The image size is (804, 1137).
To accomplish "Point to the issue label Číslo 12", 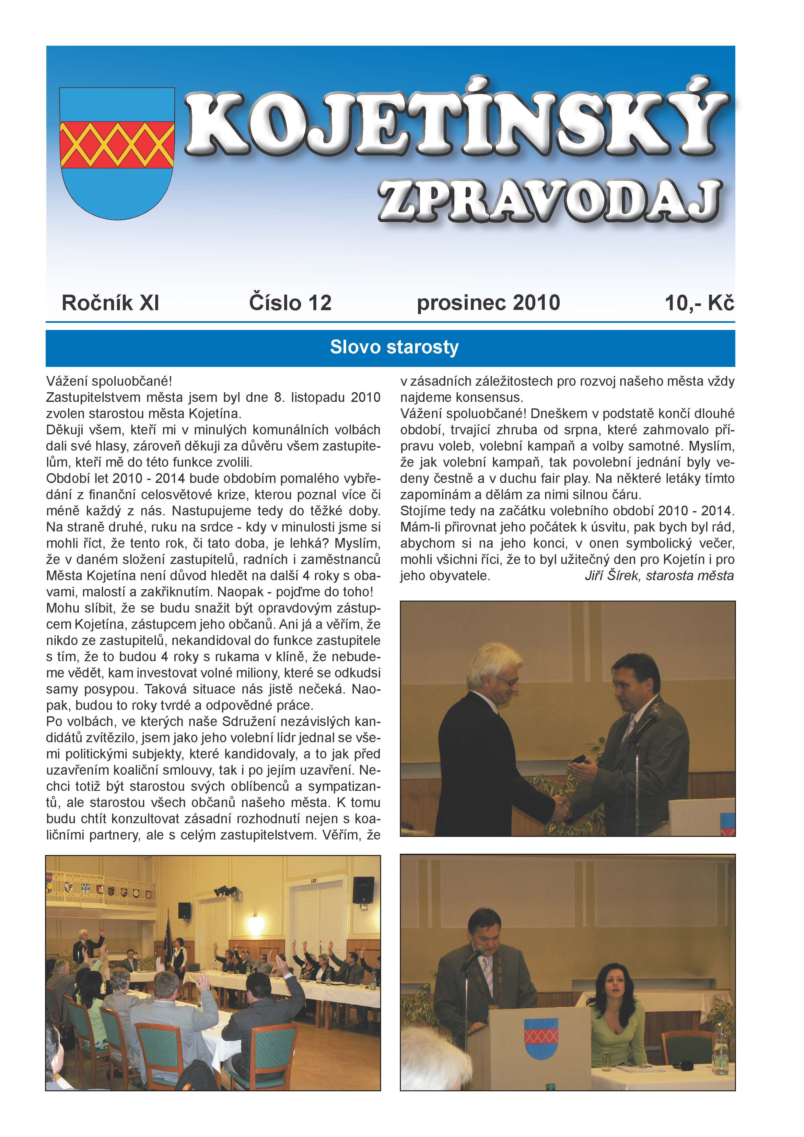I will (290, 303).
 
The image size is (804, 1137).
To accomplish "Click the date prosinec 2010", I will (488, 303).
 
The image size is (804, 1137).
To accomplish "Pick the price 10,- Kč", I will (699, 303).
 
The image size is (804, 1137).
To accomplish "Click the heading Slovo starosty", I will (394, 347).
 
